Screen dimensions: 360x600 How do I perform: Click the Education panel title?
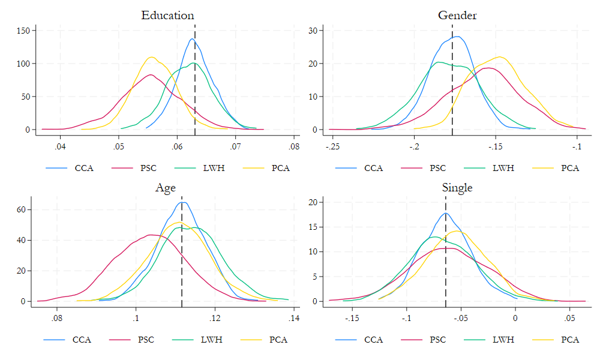coord(167,16)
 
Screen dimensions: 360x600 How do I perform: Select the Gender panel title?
coord(457,16)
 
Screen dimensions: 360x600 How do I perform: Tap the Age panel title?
coord(166,188)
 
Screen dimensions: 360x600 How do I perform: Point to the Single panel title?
coord(457,188)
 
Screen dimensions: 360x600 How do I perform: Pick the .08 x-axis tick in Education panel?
coord(293,146)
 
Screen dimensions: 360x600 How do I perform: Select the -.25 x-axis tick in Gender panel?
coord(333,146)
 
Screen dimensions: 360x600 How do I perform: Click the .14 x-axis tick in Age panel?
coord(293,318)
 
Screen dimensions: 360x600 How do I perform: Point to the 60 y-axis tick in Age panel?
coord(26,210)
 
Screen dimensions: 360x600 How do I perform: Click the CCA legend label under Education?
coord(83,168)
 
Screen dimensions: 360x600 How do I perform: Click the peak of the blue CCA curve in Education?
coord(192,39)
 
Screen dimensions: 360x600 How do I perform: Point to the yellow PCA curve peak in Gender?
coord(500,56)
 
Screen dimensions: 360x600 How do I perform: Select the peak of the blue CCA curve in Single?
coord(445,213)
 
